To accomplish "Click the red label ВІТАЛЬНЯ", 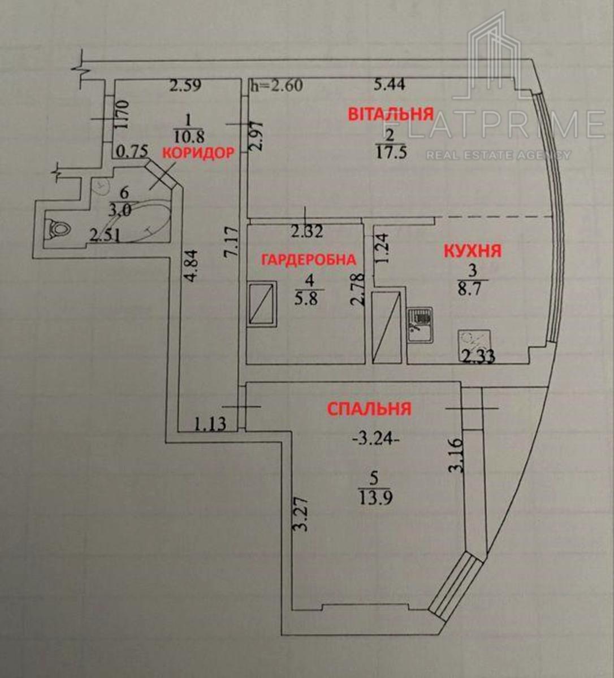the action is click(x=391, y=114).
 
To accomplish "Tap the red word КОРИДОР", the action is click(x=198, y=153).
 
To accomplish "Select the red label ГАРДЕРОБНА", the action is click(x=309, y=259).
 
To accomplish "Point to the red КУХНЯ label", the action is click(x=473, y=251).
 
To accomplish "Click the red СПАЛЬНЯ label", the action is click(x=369, y=408).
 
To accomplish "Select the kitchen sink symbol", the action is click(x=420, y=324).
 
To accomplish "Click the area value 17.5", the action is click(x=390, y=153).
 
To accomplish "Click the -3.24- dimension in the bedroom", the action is click(x=376, y=440).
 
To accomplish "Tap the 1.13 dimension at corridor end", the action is click(x=210, y=424).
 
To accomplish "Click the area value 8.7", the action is click(x=472, y=289).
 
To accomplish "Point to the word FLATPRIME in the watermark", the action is click(x=495, y=124).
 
